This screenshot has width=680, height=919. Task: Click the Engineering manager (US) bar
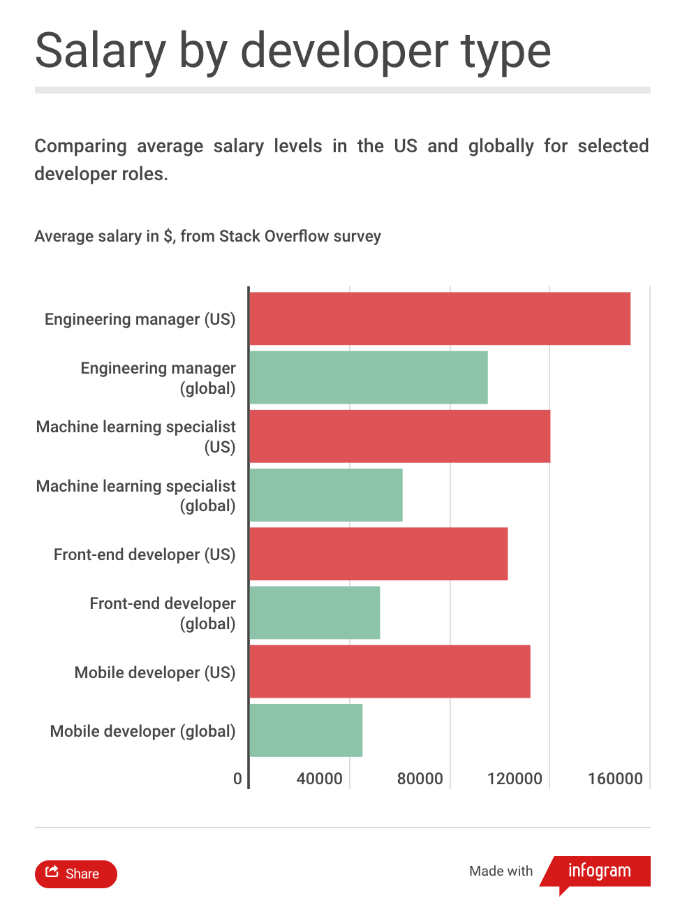pyautogui.click(x=440, y=318)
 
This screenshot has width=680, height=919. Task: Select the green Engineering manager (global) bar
pyautogui.click(x=369, y=378)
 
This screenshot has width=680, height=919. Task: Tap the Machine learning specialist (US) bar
pyautogui.click(x=399, y=436)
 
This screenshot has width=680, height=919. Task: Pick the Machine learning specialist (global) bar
pyautogui.click(x=326, y=495)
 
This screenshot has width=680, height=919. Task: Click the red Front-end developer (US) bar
pyautogui.click(x=378, y=554)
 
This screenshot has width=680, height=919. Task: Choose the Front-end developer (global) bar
pyautogui.click(x=315, y=612)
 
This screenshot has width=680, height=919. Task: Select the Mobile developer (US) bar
pyautogui.click(x=390, y=672)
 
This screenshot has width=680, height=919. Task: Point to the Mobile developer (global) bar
pyautogui.click(x=306, y=730)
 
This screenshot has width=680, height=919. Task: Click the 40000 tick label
pyautogui.click(x=319, y=779)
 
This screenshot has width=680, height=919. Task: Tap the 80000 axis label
pyautogui.click(x=420, y=779)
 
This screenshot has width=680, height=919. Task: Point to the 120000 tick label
pyautogui.click(x=515, y=779)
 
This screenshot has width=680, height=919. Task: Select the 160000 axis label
pyautogui.click(x=615, y=779)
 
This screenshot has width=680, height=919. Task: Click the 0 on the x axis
pyautogui.click(x=237, y=779)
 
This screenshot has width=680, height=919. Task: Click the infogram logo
pyautogui.click(x=599, y=872)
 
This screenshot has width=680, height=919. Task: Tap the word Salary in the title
pyautogui.click(x=100, y=52)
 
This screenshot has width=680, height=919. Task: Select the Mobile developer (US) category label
pyautogui.click(x=155, y=672)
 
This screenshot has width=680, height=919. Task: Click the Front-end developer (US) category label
pyautogui.click(x=145, y=554)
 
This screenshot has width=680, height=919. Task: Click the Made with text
pyautogui.click(x=501, y=872)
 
